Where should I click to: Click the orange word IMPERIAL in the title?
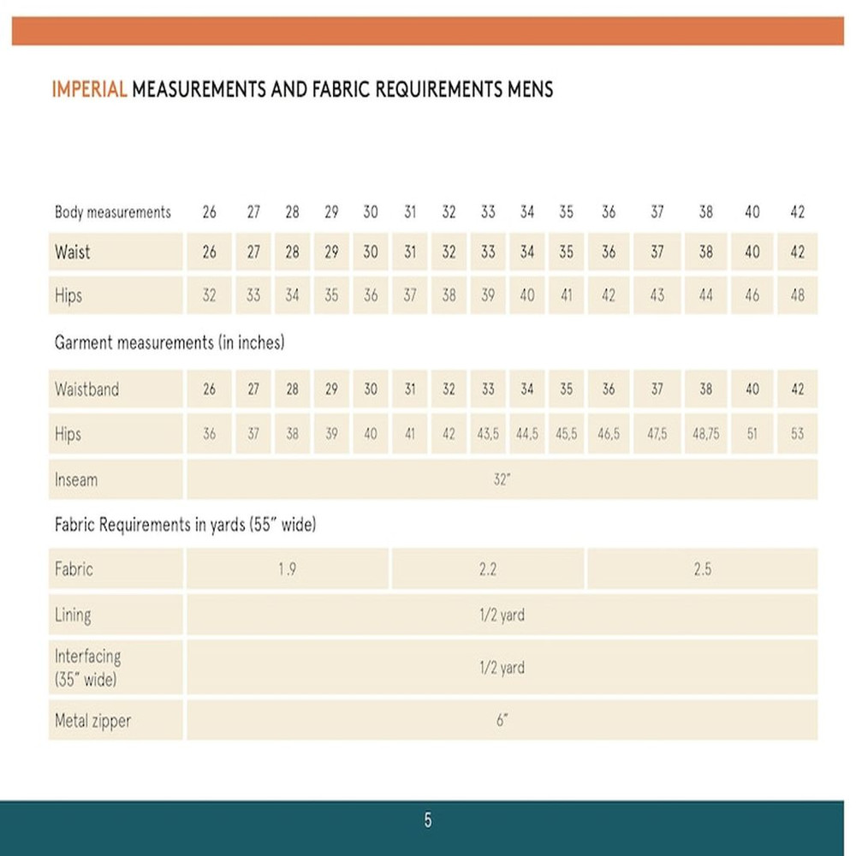[89, 89]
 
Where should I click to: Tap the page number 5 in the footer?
[428, 821]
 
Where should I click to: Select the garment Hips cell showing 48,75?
[705, 434]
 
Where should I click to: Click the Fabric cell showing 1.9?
[288, 569]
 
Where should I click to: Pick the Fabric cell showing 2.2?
[488, 569]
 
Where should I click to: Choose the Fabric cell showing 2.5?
[702, 569]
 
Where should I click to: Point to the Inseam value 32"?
[502, 479]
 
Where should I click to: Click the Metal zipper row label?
[93, 721]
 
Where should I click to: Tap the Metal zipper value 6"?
[502, 721]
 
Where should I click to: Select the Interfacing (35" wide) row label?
[88, 668]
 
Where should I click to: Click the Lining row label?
[73, 615]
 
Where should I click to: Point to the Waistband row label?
[86, 389]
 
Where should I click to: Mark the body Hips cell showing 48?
[797, 296]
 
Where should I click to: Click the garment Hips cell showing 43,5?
[488, 434]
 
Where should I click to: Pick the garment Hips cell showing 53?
[797, 434]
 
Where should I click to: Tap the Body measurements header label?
[112, 212]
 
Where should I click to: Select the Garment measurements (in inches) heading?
[169, 343]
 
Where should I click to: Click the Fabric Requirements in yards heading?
[185, 525]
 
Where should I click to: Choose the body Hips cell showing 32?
[210, 296]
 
